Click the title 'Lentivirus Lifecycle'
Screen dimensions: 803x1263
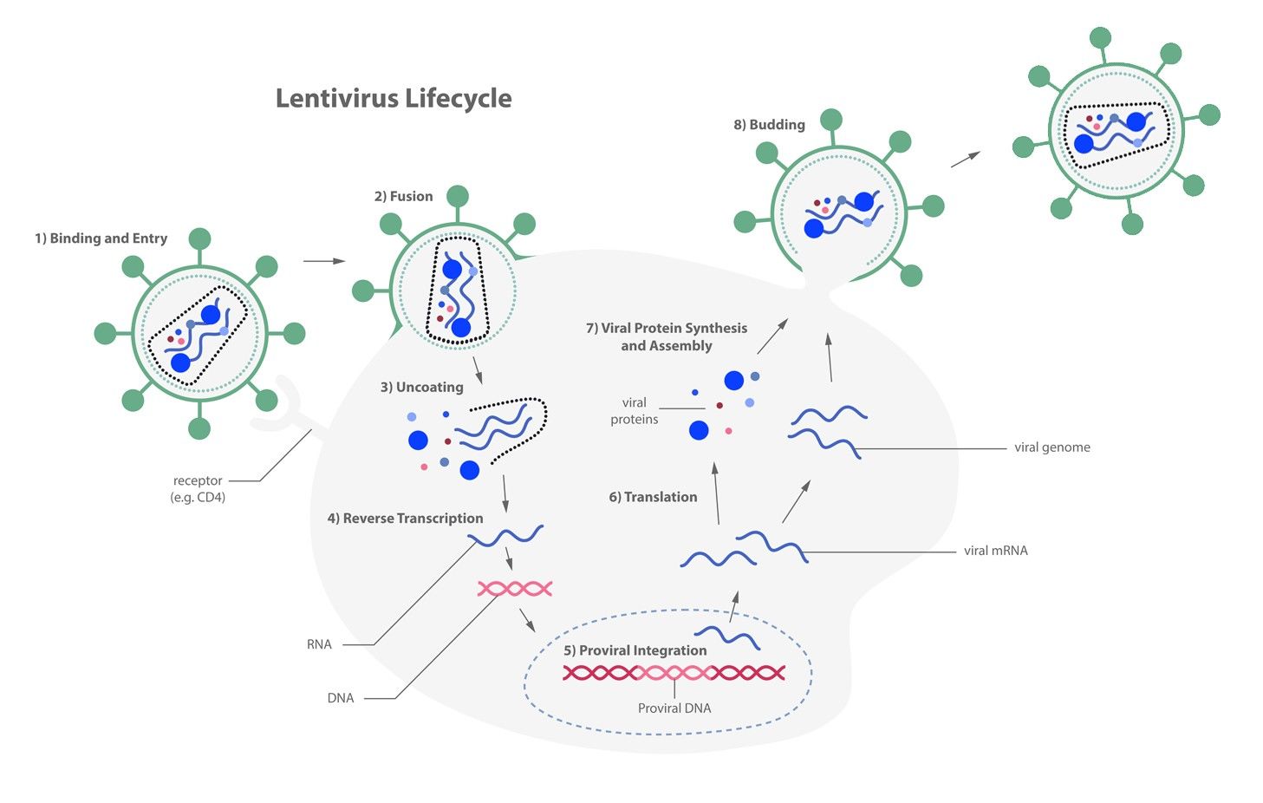[394, 98]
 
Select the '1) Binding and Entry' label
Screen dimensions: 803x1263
[101, 238]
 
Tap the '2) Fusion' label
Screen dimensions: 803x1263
[403, 196]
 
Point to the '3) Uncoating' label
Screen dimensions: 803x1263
[421, 387]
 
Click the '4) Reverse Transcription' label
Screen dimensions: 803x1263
[405, 519]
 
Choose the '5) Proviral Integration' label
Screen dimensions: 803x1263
[635, 650]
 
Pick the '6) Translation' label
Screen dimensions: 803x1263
[653, 497]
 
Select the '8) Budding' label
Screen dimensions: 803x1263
[769, 125]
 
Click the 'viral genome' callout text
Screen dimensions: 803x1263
[1051, 447]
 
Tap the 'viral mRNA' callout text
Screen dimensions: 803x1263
[995, 551]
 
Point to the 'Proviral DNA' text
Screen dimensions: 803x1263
[674, 708]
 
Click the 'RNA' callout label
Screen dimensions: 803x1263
[319, 644]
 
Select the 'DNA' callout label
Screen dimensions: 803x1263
[340, 698]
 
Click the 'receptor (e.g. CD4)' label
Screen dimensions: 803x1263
[198, 489]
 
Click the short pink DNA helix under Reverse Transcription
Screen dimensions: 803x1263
[515, 589]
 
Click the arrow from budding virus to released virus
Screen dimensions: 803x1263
[965, 160]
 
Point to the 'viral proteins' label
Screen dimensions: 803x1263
[634, 411]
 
